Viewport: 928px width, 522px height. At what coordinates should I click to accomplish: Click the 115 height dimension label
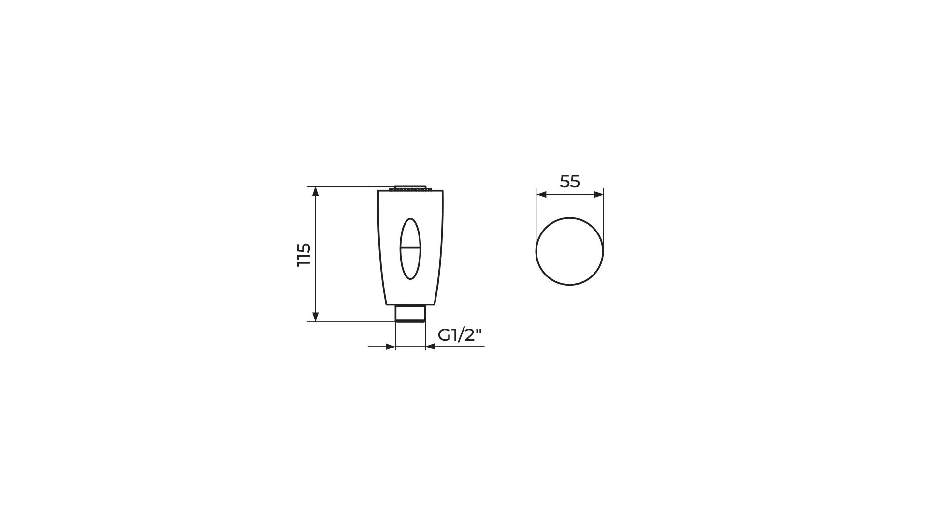304,254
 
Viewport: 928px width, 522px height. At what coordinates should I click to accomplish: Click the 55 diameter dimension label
570,181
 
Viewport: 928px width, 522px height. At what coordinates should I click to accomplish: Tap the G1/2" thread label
460,335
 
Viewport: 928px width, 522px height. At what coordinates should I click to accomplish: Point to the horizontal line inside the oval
410,248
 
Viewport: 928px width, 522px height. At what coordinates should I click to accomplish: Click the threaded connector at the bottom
410,313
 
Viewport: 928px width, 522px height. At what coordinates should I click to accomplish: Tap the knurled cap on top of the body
410,188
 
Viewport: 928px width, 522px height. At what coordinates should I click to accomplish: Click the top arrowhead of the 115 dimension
316,191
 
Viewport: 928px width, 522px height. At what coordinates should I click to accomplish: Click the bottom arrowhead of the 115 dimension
316,317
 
